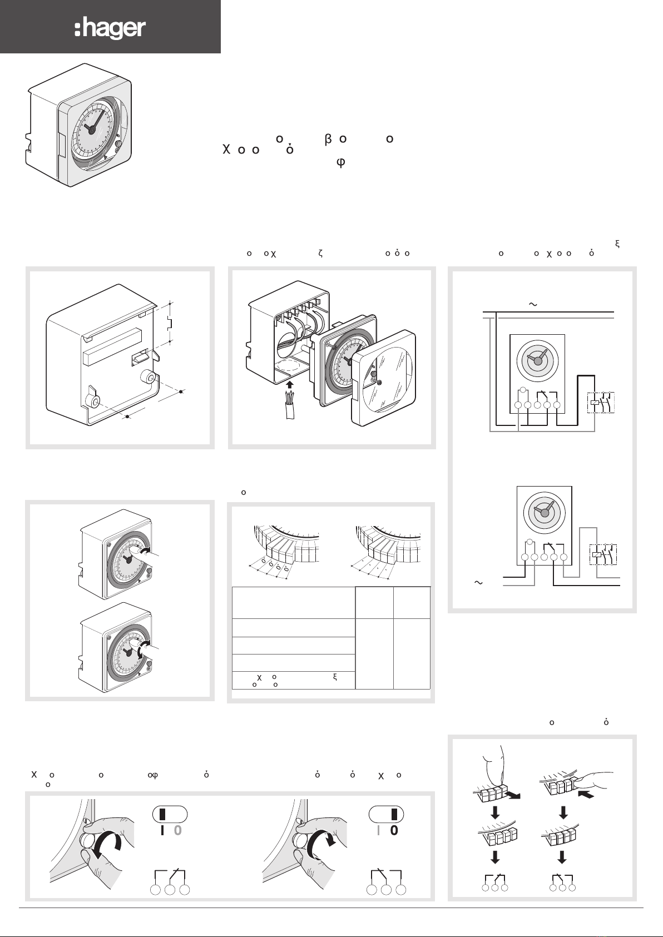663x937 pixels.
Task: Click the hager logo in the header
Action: tap(110, 28)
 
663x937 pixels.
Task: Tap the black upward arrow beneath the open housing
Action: tap(289, 385)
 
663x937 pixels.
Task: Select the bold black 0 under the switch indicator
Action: tap(394, 831)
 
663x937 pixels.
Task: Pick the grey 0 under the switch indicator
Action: tap(178, 831)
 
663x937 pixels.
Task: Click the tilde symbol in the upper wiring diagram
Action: tap(532, 304)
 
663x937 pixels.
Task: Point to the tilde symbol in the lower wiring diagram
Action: tap(477, 582)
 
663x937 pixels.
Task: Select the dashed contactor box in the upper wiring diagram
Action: tap(601, 403)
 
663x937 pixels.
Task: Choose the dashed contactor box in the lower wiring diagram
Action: tap(603, 554)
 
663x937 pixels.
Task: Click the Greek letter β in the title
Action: tap(328, 139)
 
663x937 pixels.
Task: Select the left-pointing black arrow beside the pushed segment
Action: tap(586, 796)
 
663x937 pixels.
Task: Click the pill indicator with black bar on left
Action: tap(170, 814)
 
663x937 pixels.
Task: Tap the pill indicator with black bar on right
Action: tap(386, 814)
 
